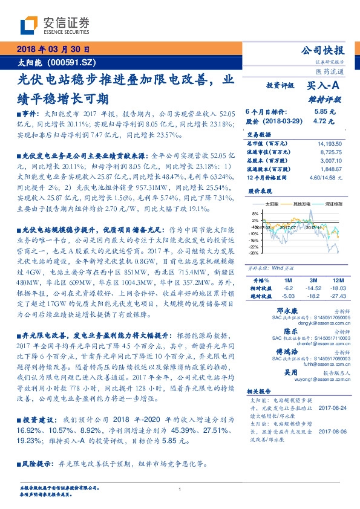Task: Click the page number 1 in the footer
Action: coord(180,489)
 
